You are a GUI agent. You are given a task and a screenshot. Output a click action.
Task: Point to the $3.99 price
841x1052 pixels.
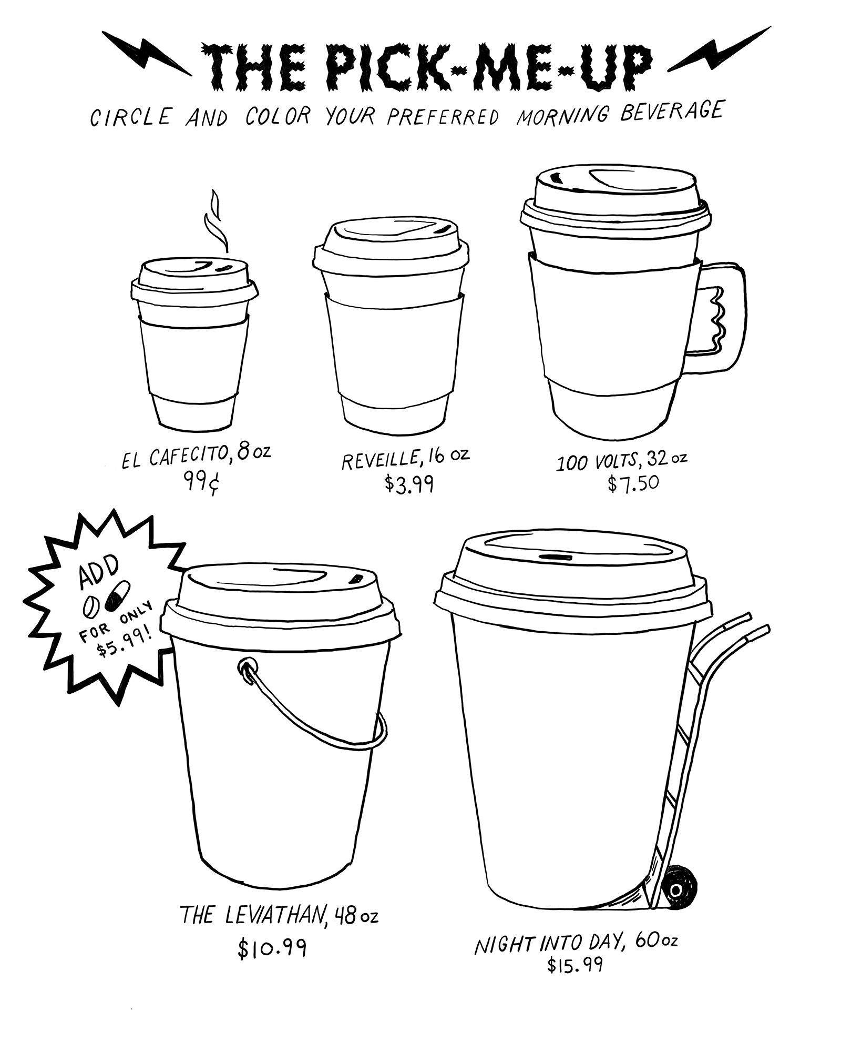pos(409,483)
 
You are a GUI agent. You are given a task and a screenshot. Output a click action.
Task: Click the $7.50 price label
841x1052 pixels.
pos(633,482)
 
